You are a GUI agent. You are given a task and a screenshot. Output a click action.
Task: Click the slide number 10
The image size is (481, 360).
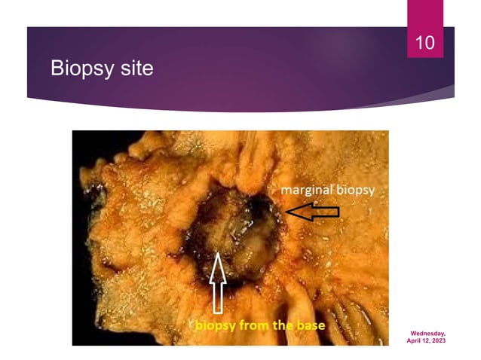pyautogui.click(x=425, y=43)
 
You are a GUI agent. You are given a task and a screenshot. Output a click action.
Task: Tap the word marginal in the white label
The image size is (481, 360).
pyautogui.click(x=308, y=191)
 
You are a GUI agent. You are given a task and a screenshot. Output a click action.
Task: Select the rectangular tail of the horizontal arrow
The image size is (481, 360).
pyautogui.click(x=325, y=212)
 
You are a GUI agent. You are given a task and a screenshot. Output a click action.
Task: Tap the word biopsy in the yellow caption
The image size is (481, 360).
pyautogui.click(x=218, y=327)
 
